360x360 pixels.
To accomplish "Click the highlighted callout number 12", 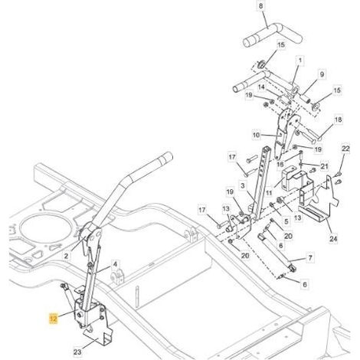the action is point(54,318).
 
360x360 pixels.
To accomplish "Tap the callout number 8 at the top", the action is point(260,5).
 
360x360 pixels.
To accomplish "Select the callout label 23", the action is point(77,352).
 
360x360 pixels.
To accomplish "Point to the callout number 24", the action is point(333,239).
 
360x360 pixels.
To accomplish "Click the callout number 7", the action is point(310,257).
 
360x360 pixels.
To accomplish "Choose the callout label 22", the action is point(345,149).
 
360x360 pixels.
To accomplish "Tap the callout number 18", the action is point(338,119).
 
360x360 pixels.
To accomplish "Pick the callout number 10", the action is point(256,135).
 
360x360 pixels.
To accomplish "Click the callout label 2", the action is point(66,256).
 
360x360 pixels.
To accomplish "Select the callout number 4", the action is point(115,264).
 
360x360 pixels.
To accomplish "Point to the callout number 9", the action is point(322,74).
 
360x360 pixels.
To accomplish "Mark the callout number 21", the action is point(324,166).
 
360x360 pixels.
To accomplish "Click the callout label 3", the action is point(243,185).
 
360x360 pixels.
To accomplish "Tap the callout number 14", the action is point(261,87).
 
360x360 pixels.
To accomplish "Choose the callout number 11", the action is point(268,193).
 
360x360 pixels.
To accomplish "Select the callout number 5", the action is point(286,221).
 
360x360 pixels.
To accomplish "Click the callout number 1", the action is point(300,61).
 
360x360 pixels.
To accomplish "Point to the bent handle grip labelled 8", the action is point(273,34).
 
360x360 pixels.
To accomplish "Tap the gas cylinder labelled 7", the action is point(277,252).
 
